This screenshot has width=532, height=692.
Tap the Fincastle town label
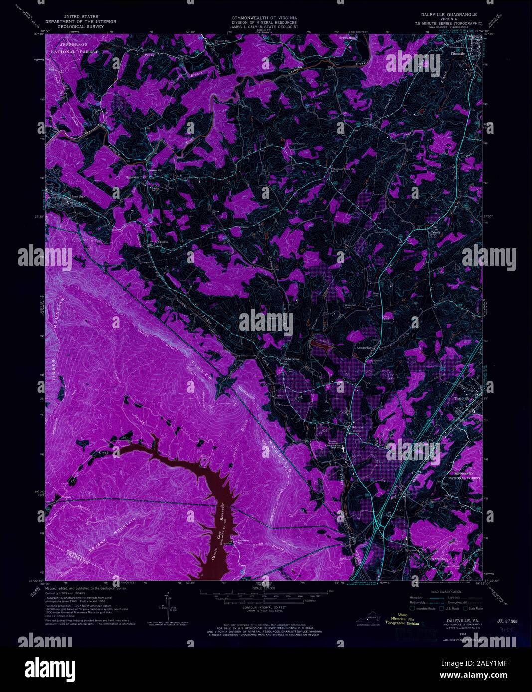[x=457, y=53]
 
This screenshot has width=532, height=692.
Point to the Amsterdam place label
[x=366, y=348]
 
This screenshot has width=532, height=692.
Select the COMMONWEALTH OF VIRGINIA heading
[x=264, y=18]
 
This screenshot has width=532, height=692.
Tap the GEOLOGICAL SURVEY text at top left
[x=80, y=26]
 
